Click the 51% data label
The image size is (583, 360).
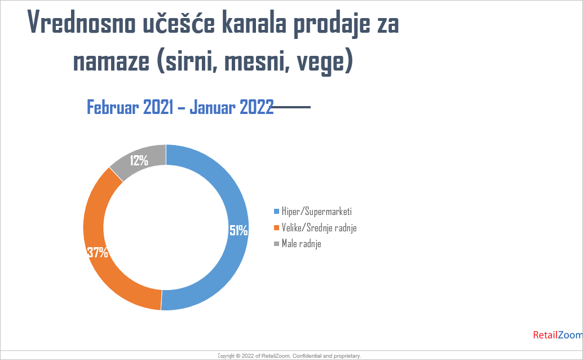click(238, 231)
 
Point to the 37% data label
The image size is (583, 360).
click(98, 252)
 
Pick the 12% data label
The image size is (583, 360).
click(139, 160)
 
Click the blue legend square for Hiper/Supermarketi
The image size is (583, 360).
click(276, 212)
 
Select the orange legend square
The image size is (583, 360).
click(276, 227)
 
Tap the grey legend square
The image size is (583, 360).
click(276, 244)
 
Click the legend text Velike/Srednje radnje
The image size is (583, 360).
click(319, 227)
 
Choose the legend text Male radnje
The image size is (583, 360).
click(301, 244)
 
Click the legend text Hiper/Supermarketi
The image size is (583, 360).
click(316, 212)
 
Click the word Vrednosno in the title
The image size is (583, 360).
click(81, 23)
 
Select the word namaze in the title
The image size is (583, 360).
click(111, 61)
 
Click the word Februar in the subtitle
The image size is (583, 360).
click(113, 107)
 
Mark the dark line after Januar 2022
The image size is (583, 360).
click(291, 107)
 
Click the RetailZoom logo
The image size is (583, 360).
click(558, 335)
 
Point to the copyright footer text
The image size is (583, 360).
click(289, 356)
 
